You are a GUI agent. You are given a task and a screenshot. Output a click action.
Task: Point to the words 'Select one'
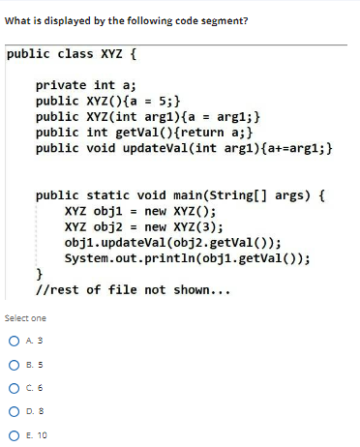[x=25, y=317]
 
